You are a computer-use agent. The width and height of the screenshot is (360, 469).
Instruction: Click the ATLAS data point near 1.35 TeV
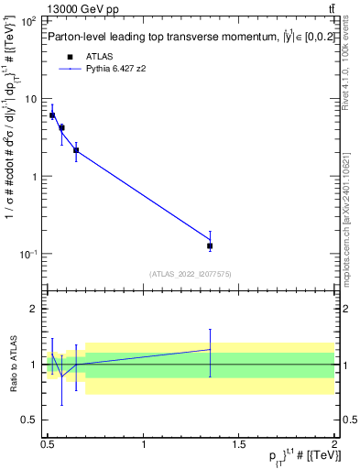click(x=211, y=245)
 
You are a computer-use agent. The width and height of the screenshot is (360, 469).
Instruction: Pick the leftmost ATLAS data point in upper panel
click(x=52, y=115)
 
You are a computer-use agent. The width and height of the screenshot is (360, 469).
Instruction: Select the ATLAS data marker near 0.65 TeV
click(x=76, y=149)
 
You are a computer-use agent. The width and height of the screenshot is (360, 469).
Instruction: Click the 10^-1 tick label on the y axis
click(x=27, y=254)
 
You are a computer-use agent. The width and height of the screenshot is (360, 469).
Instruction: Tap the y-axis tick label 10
click(x=31, y=99)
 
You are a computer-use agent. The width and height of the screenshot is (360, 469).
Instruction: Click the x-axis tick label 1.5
click(x=239, y=443)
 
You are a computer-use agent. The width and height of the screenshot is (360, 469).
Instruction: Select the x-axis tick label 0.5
click(x=48, y=443)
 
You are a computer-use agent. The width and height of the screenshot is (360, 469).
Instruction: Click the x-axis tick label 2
click(x=334, y=443)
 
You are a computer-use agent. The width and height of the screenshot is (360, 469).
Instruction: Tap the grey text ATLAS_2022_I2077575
click(x=189, y=273)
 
